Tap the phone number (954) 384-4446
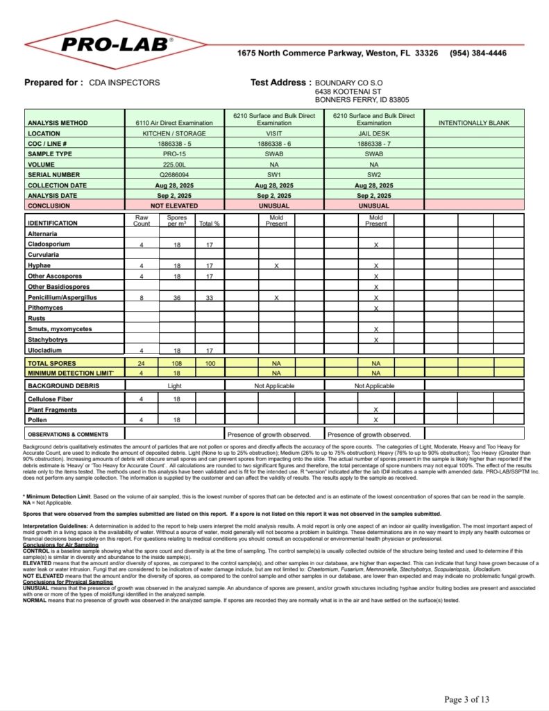pos(478,53)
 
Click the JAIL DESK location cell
pos(373,133)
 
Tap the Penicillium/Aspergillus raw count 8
pos(142,297)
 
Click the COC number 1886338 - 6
pos(273,144)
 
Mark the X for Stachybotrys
pos(375,340)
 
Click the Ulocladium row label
pos(44,350)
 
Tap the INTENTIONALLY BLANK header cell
pos(474,123)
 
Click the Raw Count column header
pos(142,221)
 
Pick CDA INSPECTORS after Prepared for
pos(124,83)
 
